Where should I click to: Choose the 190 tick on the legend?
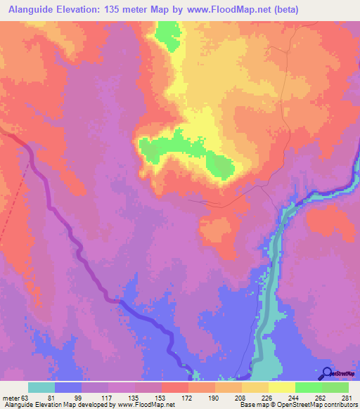click(x=214, y=398)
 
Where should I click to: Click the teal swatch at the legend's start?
click(x=41, y=387)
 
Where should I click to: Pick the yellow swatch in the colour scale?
click(x=281, y=387)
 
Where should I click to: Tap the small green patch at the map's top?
click(x=167, y=35)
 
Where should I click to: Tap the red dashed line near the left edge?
click(x=17, y=211)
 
